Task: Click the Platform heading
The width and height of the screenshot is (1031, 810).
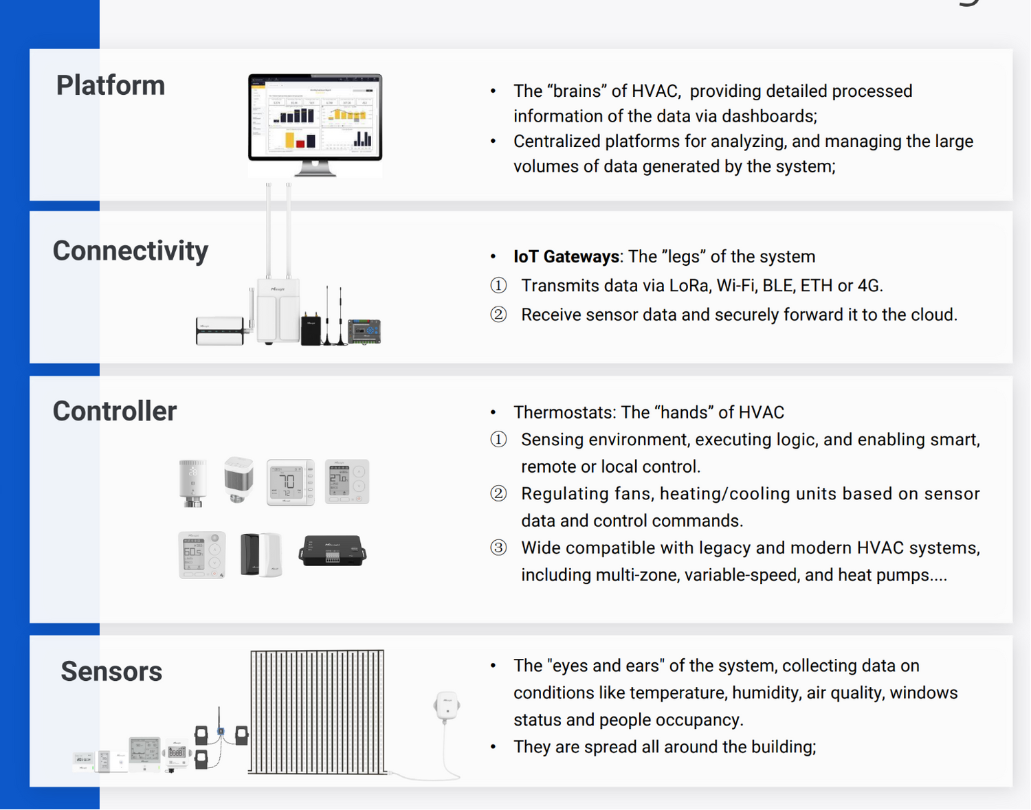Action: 111,86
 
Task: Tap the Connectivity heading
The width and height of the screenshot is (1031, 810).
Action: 130,251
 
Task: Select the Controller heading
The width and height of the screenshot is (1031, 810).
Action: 115,411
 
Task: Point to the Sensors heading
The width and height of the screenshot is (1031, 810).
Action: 111,671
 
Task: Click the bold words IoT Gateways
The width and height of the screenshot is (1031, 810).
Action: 566,257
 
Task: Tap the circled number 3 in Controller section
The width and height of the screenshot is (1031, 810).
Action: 498,548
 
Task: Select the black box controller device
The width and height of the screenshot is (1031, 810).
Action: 333,551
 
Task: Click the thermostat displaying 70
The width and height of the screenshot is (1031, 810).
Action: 290,482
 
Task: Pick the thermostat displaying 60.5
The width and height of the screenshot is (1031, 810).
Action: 201,554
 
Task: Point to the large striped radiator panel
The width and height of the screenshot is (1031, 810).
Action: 317,712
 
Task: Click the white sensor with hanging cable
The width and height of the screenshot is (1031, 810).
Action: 447,706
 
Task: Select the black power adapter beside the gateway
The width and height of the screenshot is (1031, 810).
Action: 311,328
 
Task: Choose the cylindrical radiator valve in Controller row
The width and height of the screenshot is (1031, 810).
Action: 192,482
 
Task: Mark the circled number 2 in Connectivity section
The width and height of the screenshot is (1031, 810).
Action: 498,315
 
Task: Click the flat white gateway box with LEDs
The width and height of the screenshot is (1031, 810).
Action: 220,330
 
